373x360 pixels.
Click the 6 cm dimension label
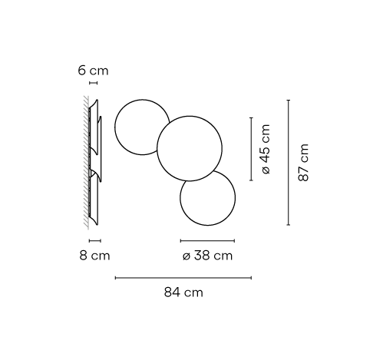pyautogui.click(x=93, y=71)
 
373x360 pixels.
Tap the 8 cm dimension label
pyautogui.click(x=94, y=256)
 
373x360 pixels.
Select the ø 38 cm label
pyautogui.click(x=207, y=256)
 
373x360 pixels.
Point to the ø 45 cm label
pyautogui.click(x=266, y=149)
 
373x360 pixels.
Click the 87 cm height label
pyautogui.click(x=304, y=163)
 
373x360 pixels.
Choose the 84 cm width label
pyautogui.click(x=183, y=292)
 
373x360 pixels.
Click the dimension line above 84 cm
pyautogui.click(x=183, y=278)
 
